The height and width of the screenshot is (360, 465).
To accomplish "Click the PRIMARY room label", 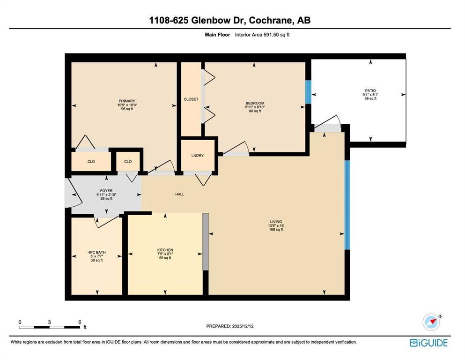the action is click(127, 101).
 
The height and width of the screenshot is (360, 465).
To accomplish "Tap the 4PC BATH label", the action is click(96, 253).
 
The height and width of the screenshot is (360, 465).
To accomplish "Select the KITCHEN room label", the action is click(165, 250).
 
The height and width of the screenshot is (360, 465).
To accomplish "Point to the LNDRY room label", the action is click(198, 156).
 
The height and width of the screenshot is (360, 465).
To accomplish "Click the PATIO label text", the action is click(370, 91).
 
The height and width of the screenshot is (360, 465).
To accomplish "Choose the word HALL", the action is click(180, 195).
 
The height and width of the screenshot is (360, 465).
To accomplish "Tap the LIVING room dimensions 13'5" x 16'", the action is click(276, 225).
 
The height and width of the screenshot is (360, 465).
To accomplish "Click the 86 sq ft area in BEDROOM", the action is click(255, 111).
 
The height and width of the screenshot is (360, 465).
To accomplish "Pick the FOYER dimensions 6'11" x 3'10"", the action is click(106, 195).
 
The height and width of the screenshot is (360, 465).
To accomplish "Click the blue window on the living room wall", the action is click(347, 205).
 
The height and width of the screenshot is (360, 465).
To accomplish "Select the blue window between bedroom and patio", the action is click(309, 92).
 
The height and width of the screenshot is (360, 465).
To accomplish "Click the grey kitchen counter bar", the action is click(205, 241).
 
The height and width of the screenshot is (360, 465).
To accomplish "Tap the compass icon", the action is click(431, 322).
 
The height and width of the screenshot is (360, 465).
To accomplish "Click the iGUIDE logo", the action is click(429, 343).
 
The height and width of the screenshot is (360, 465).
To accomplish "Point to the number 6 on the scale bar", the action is click(80, 322).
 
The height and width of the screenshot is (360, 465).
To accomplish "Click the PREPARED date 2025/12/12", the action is click(242, 326).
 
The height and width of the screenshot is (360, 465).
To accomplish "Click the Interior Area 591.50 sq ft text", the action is click(262, 35).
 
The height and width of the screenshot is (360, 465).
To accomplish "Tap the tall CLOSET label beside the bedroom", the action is click(191, 99).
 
